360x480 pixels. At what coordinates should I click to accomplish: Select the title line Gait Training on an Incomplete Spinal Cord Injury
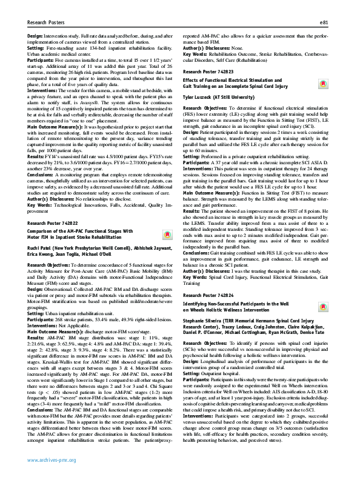click(x=241, y=87)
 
